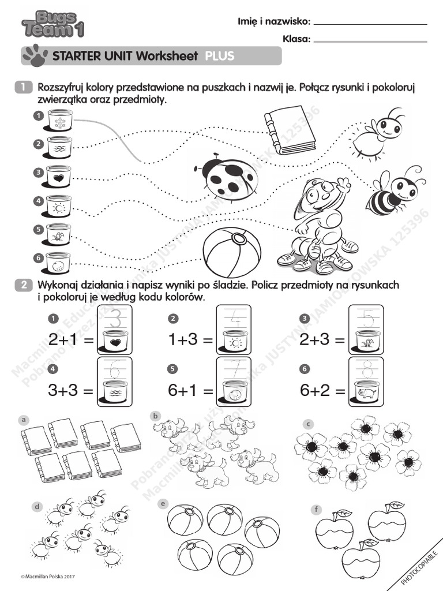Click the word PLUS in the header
(219, 56)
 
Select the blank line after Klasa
(371, 41)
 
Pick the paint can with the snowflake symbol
(58, 121)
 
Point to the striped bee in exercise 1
(391, 192)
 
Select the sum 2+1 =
(71, 341)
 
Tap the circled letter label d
(37, 507)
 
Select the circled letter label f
(316, 509)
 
